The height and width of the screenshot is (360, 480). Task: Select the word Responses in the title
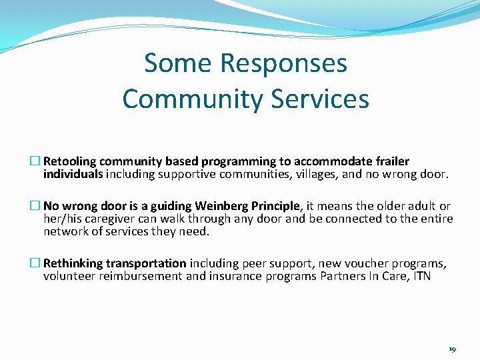coord(283,64)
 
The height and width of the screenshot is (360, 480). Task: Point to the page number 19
coord(453,349)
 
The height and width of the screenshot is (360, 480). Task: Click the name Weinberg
coord(220,207)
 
